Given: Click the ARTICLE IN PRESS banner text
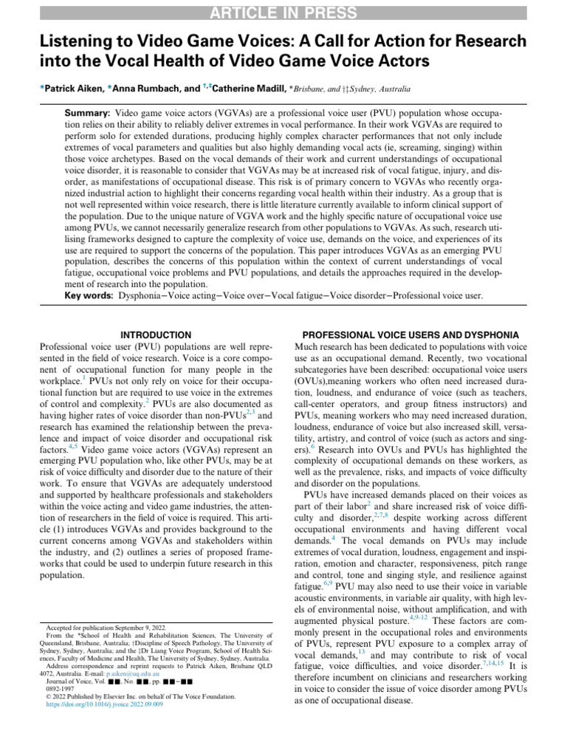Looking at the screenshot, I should [283, 12].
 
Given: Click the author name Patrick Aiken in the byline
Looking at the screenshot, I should [72, 89].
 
